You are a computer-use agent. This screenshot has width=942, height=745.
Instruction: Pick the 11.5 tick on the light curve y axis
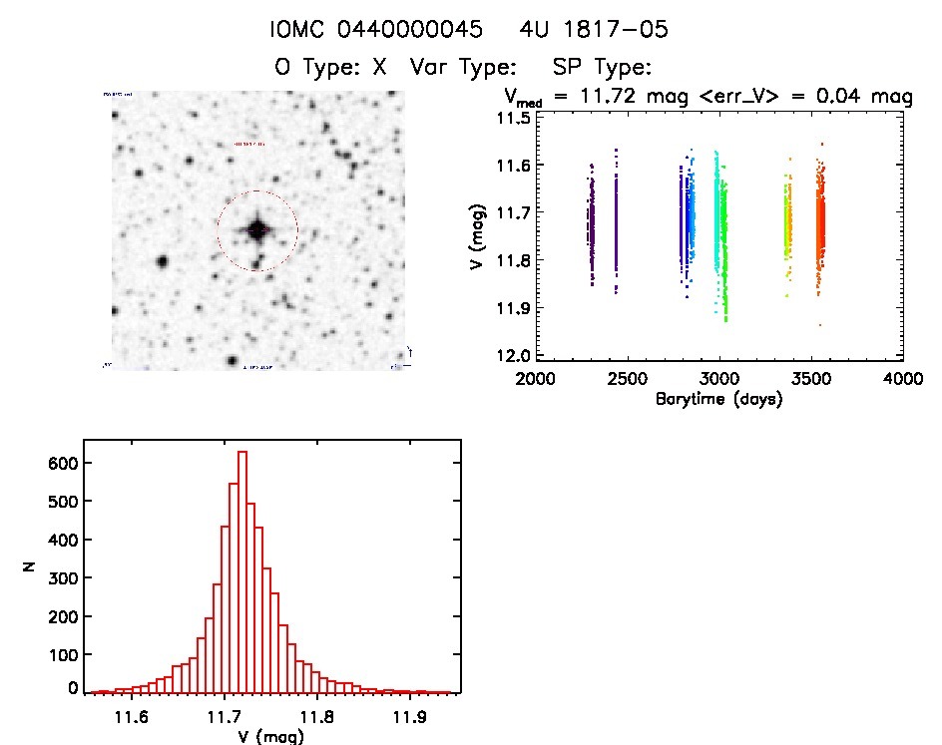point(517,118)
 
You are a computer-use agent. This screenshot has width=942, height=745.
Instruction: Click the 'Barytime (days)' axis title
point(718,399)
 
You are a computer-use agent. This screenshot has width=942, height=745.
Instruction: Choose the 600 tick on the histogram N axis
point(62,463)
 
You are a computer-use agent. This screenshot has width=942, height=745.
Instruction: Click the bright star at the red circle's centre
point(257,229)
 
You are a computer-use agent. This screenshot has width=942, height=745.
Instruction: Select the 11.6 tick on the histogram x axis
point(131,716)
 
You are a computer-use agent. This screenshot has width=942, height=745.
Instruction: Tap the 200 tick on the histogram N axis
point(62,616)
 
